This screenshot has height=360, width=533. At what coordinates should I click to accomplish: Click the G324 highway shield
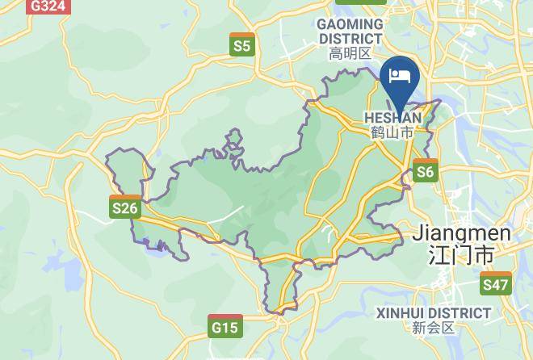click(48, 6)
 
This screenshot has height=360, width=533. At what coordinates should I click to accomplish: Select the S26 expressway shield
click(125, 207)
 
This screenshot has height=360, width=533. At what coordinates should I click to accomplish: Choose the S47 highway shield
click(495, 283)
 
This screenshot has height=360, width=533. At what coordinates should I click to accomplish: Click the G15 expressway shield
click(225, 326)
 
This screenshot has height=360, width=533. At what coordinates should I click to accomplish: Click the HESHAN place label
click(393, 118)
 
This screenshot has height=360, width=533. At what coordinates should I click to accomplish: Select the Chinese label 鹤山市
click(392, 132)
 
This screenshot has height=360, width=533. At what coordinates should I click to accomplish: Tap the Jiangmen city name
click(461, 234)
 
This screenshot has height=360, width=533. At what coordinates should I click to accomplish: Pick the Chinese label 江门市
click(461, 257)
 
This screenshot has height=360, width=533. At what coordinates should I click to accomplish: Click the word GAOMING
click(350, 24)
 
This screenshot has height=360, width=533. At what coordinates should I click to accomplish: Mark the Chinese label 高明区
click(350, 54)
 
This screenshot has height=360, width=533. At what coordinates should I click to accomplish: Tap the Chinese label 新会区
click(434, 328)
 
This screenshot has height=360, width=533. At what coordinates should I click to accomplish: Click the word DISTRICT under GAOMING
click(350, 38)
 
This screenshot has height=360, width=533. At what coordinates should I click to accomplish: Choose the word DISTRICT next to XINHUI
click(463, 312)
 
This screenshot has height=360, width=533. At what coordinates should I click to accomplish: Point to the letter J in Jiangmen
click(418, 234)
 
